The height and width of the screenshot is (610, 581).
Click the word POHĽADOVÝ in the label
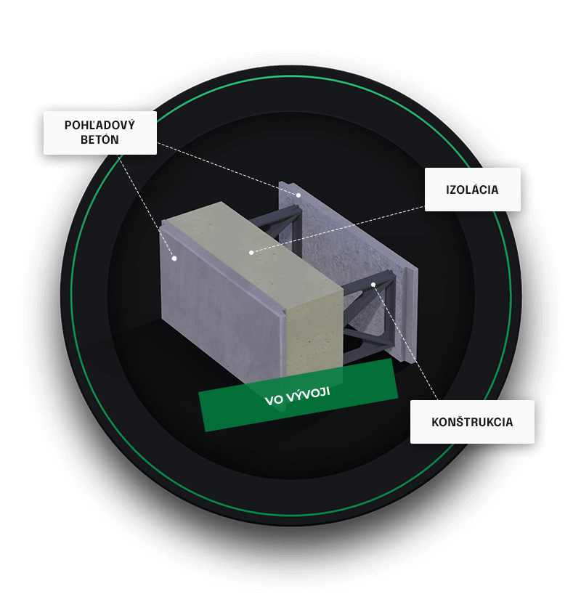click(x=99, y=125)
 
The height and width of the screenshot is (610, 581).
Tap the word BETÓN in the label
click(x=99, y=139)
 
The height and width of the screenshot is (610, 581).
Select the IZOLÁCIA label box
click(x=473, y=190)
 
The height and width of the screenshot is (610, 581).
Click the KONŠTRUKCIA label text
click(x=472, y=422)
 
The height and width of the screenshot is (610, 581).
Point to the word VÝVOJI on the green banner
click(x=308, y=394)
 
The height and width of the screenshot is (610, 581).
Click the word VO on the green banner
click(x=274, y=400)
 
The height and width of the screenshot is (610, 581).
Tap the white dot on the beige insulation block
click(x=251, y=253)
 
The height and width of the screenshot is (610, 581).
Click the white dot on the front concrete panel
click(x=174, y=259)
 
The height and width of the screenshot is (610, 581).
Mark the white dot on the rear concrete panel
click(x=298, y=195)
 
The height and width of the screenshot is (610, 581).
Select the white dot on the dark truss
click(x=373, y=285)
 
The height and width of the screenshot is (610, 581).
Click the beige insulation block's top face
click(x=253, y=253)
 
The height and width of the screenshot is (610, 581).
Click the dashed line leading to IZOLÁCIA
click(x=338, y=229)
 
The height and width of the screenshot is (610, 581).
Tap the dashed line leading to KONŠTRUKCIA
click(x=405, y=342)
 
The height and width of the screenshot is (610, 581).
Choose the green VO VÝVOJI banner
click(x=298, y=395)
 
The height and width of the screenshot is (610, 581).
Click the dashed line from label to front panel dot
click(x=146, y=207)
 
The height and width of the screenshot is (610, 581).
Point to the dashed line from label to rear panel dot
click(x=227, y=168)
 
